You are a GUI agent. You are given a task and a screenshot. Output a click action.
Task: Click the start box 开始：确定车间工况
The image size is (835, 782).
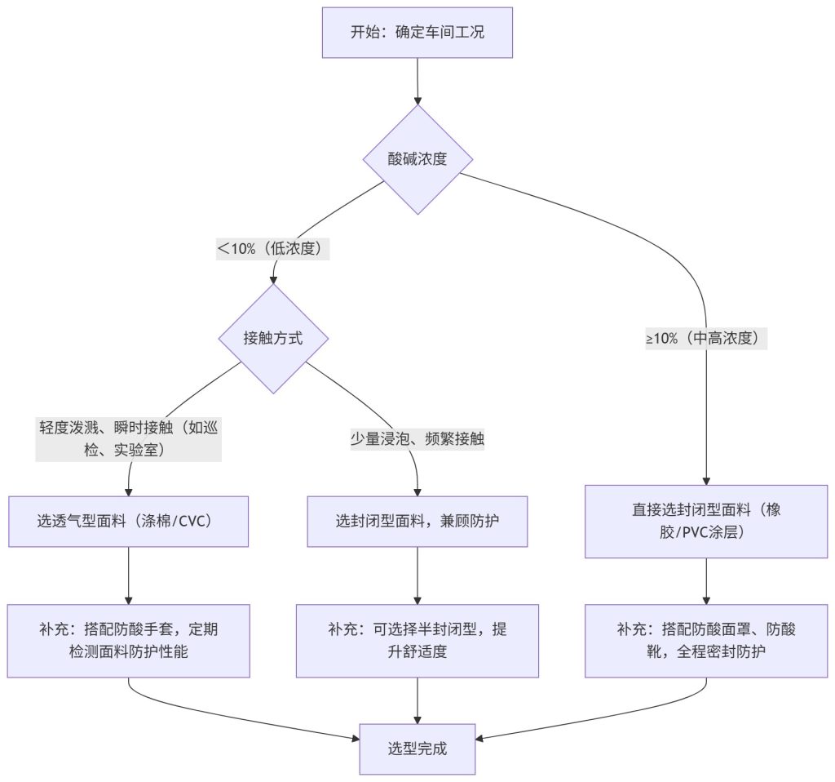click(x=417, y=33)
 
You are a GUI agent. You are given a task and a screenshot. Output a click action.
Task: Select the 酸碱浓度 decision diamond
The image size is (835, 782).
click(x=417, y=159)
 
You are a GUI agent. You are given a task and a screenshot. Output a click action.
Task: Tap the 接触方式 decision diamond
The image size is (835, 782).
click(x=273, y=338)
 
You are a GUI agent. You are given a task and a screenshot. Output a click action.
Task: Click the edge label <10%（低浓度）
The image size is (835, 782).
click(x=272, y=249)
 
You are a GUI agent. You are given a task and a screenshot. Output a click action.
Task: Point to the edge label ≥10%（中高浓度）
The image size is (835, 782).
click(x=707, y=338)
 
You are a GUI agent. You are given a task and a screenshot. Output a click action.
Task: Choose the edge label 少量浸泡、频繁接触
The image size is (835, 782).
click(x=417, y=439)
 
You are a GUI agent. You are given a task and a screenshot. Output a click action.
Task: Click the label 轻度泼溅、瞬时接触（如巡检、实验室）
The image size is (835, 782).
click(x=129, y=438)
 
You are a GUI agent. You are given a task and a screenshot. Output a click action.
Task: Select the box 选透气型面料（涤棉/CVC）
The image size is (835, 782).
click(x=129, y=520)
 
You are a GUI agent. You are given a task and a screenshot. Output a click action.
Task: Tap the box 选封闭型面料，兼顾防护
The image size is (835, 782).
click(x=417, y=520)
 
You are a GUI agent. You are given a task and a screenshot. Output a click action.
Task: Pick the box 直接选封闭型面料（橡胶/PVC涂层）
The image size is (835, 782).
click(x=707, y=521)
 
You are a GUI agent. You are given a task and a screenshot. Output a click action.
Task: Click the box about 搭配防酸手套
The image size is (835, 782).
click(x=129, y=641)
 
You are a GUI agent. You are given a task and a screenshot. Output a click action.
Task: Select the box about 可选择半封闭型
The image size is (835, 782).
click(x=417, y=641)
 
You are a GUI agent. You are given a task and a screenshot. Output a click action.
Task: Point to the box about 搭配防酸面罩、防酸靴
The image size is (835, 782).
click(x=707, y=641)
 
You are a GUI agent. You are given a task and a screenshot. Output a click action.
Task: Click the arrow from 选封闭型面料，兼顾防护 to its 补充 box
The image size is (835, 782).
click(x=417, y=575)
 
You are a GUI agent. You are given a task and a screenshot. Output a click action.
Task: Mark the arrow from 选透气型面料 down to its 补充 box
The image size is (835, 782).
click(x=129, y=575)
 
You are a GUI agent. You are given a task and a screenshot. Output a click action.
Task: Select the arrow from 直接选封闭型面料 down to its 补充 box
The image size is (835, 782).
click(x=707, y=581)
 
